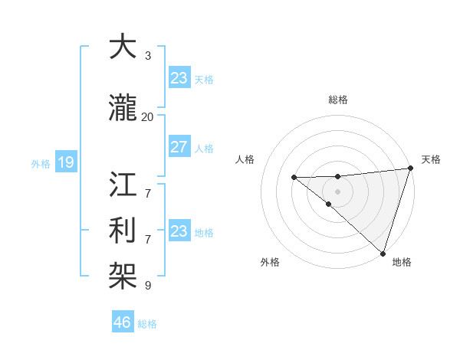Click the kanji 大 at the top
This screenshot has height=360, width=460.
tap(123, 47)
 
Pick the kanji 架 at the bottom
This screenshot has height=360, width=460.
tap(123, 273)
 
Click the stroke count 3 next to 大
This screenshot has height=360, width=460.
tap(148, 56)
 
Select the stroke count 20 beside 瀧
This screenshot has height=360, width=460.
tap(148, 116)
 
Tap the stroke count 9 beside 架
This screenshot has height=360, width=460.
tap(148, 286)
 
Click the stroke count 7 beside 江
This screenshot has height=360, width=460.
tap(148, 185)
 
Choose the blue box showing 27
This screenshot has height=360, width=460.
tap(179, 147)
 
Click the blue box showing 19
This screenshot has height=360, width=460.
tap(65, 162)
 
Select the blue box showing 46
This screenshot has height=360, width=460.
tap(123, 322)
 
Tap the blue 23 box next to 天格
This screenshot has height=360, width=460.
tap(179, 77)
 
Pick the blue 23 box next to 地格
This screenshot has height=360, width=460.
tap(179, 231)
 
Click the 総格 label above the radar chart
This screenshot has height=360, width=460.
tap(338, 100)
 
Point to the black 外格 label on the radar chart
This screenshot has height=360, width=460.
tap(270, 262)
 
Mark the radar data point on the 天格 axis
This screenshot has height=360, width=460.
tap(410, 169)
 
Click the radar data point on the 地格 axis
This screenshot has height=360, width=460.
tap(382, 253)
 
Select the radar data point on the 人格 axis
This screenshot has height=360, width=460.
tap(294, 178)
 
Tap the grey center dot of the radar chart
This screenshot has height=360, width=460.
tap(338, 191)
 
